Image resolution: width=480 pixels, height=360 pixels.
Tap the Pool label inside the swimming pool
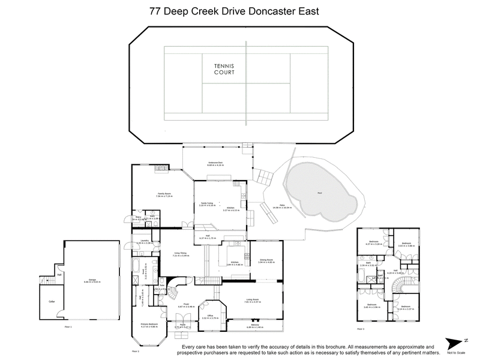click(319, 193)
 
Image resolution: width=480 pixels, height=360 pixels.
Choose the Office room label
click(211, 316)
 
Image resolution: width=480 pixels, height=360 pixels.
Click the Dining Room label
click(266, 260)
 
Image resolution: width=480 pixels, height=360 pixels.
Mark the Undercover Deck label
click(215, 163)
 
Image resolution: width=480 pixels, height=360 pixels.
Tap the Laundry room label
click(144, 241)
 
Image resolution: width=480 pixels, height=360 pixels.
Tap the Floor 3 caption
click(360, 329)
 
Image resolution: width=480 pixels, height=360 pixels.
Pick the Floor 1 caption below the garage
click(67, 327)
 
